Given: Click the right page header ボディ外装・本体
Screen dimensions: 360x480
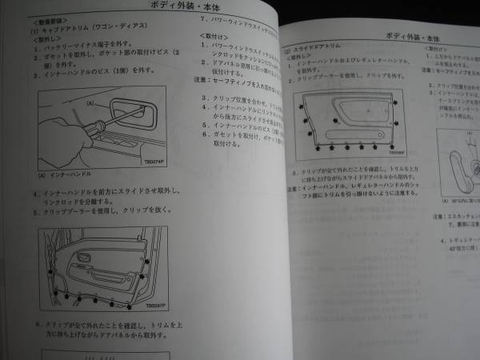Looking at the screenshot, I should click(x=406, y=37).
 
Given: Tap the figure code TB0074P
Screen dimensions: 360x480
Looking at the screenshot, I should click(x=154, y=161).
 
